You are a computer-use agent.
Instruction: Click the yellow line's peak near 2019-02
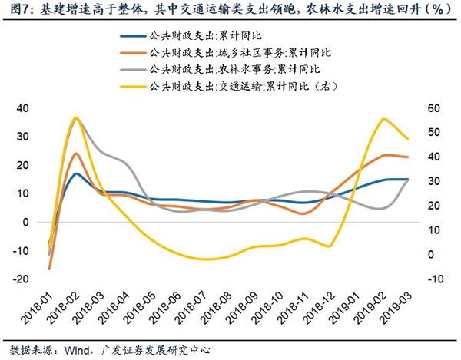click(383, 119)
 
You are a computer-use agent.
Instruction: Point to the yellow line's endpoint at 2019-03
click(407, 139)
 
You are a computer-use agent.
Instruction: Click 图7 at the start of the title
click(15, 10)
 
